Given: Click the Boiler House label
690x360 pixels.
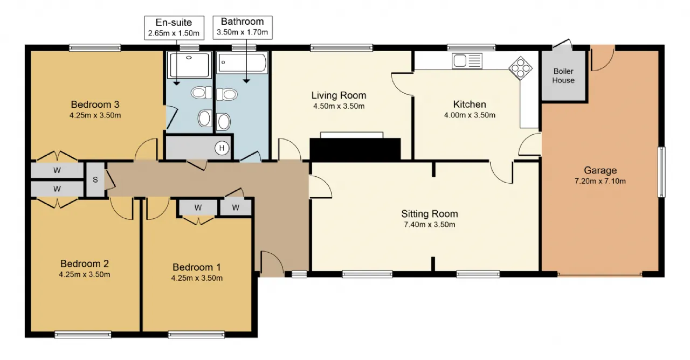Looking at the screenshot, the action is pos(563,76).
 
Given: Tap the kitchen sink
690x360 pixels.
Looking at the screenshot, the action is pos(467,61).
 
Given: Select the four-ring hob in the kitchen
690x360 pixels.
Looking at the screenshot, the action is pos(520,68).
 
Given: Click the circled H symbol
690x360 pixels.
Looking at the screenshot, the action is pos(222,148).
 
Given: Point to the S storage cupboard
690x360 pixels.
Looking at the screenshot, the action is pos(95,179).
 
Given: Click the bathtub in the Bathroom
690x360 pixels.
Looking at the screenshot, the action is pos(242,63).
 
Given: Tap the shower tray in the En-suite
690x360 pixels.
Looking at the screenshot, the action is pos(189,65).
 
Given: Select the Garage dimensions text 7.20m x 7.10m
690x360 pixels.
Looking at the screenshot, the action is pos(600,181).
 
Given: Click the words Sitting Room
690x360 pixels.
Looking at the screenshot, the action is pos(430,214).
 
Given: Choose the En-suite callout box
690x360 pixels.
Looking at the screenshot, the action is pos(174,27).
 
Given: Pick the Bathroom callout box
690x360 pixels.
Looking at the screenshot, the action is pos(243,27).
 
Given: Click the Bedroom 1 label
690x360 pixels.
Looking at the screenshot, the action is pos(197,267).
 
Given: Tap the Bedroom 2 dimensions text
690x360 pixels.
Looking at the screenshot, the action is pos(85,274).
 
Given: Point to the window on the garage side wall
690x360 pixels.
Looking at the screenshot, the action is pos(661,172).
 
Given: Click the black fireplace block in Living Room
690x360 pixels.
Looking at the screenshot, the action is pos(355,149).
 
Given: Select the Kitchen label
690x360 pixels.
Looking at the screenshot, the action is pos(470,105).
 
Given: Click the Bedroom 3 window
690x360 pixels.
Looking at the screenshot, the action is pos(95,47).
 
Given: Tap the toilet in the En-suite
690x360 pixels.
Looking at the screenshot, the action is pos(202,93).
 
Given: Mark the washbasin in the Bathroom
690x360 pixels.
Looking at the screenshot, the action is pos(224,121).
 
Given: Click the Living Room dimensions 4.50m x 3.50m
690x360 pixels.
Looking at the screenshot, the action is pos(339,106).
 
